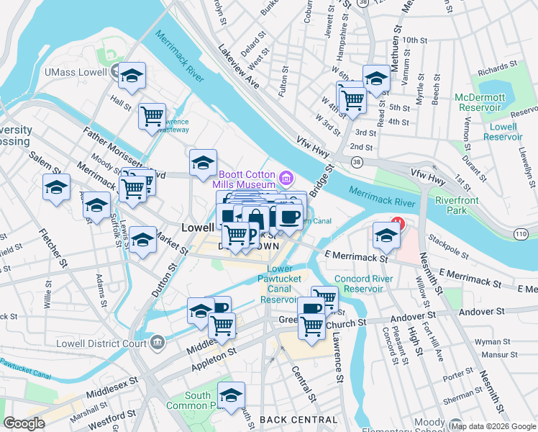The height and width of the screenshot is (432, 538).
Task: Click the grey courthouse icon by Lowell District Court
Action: click(157, 341)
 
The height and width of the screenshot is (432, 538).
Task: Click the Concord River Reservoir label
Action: click(363, 284)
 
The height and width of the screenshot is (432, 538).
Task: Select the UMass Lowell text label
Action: click(76, 72)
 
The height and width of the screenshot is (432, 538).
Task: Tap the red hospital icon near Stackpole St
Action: click(397, 224)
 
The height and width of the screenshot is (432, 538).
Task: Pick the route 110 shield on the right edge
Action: click(523, 233)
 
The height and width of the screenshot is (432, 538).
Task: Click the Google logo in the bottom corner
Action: click(24, 423)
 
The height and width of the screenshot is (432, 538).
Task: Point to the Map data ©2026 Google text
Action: click(493, 426)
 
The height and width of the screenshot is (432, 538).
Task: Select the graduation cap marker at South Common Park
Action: click(231, 397)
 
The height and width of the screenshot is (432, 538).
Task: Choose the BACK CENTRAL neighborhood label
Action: click(298, 420)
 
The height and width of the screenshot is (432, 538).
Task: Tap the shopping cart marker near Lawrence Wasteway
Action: click(152, 117)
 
